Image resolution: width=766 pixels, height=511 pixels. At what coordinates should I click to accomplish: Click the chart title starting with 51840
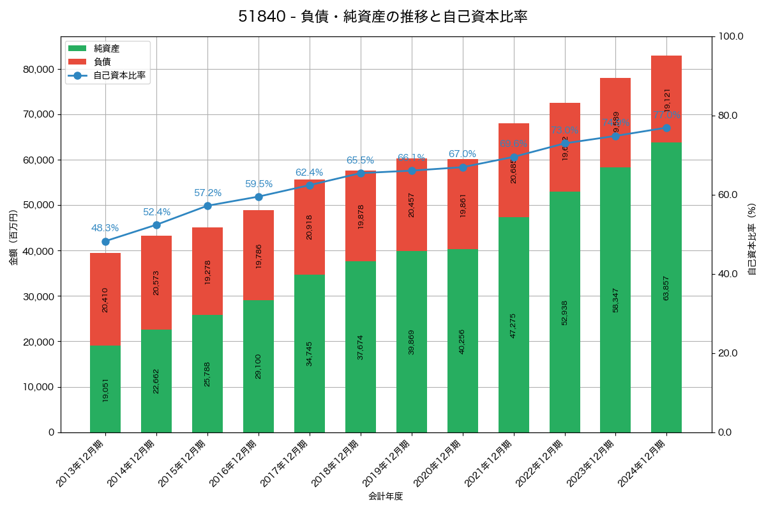point(383,17)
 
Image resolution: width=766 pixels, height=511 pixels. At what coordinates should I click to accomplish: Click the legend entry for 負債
point(102,62)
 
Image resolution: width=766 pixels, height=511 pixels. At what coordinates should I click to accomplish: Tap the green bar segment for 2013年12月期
point(105,389)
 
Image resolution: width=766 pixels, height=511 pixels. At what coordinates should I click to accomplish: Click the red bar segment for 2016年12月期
point(259,255)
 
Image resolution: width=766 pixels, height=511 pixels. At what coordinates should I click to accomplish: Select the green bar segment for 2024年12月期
point(666,287)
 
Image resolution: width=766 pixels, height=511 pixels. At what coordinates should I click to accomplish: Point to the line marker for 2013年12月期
point(105,241)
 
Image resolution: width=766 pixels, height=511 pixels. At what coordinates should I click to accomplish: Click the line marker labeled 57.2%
point(207,206)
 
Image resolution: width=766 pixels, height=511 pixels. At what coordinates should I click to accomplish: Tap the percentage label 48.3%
point(105,228)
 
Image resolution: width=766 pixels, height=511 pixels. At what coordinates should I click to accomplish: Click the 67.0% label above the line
point(462,154)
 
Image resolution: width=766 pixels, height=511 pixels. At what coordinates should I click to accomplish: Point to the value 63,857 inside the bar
point(666,288)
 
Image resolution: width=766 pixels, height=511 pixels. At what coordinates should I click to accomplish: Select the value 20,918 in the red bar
point(310,227)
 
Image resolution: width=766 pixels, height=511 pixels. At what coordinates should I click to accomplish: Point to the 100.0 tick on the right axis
point(731,36)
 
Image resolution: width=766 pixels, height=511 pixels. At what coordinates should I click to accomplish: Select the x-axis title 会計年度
point(386,496)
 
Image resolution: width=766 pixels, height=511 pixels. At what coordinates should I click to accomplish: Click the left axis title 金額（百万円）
point(13,238)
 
